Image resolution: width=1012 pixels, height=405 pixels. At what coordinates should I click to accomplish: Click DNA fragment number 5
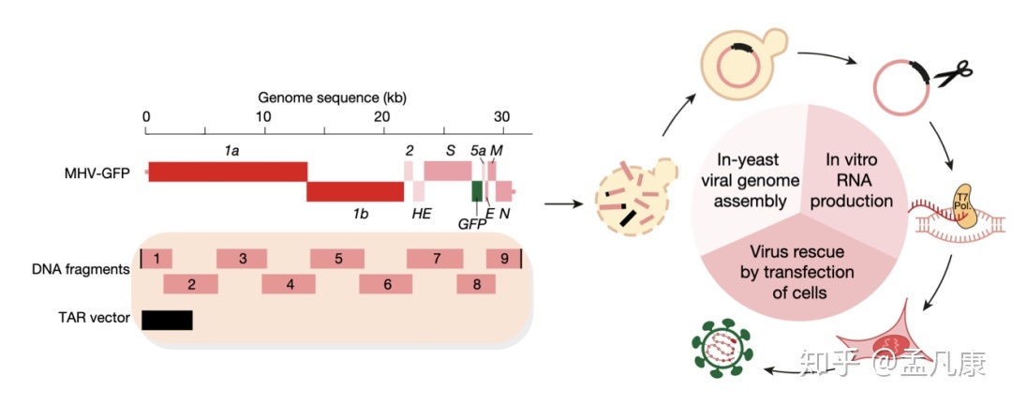pos(337,258)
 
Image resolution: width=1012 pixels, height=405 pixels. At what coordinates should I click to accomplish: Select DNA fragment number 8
pos(476,284)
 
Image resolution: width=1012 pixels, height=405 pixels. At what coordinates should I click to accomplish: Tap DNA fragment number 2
pos(190,284)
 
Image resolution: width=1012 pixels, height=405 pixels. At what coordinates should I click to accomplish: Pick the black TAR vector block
pos(167,320)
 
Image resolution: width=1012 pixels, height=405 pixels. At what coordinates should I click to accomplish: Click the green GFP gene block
pos(477,190)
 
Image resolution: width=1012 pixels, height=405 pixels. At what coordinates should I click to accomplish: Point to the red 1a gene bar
pos(228,172)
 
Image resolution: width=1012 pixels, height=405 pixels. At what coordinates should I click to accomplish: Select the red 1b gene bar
pos(355,191)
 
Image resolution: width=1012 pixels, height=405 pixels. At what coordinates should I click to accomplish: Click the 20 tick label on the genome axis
pos(381,117)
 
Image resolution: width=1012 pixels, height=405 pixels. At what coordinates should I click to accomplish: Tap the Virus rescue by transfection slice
pos(798,273)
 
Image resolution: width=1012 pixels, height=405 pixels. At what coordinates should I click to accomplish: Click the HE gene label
pos(423,215)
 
